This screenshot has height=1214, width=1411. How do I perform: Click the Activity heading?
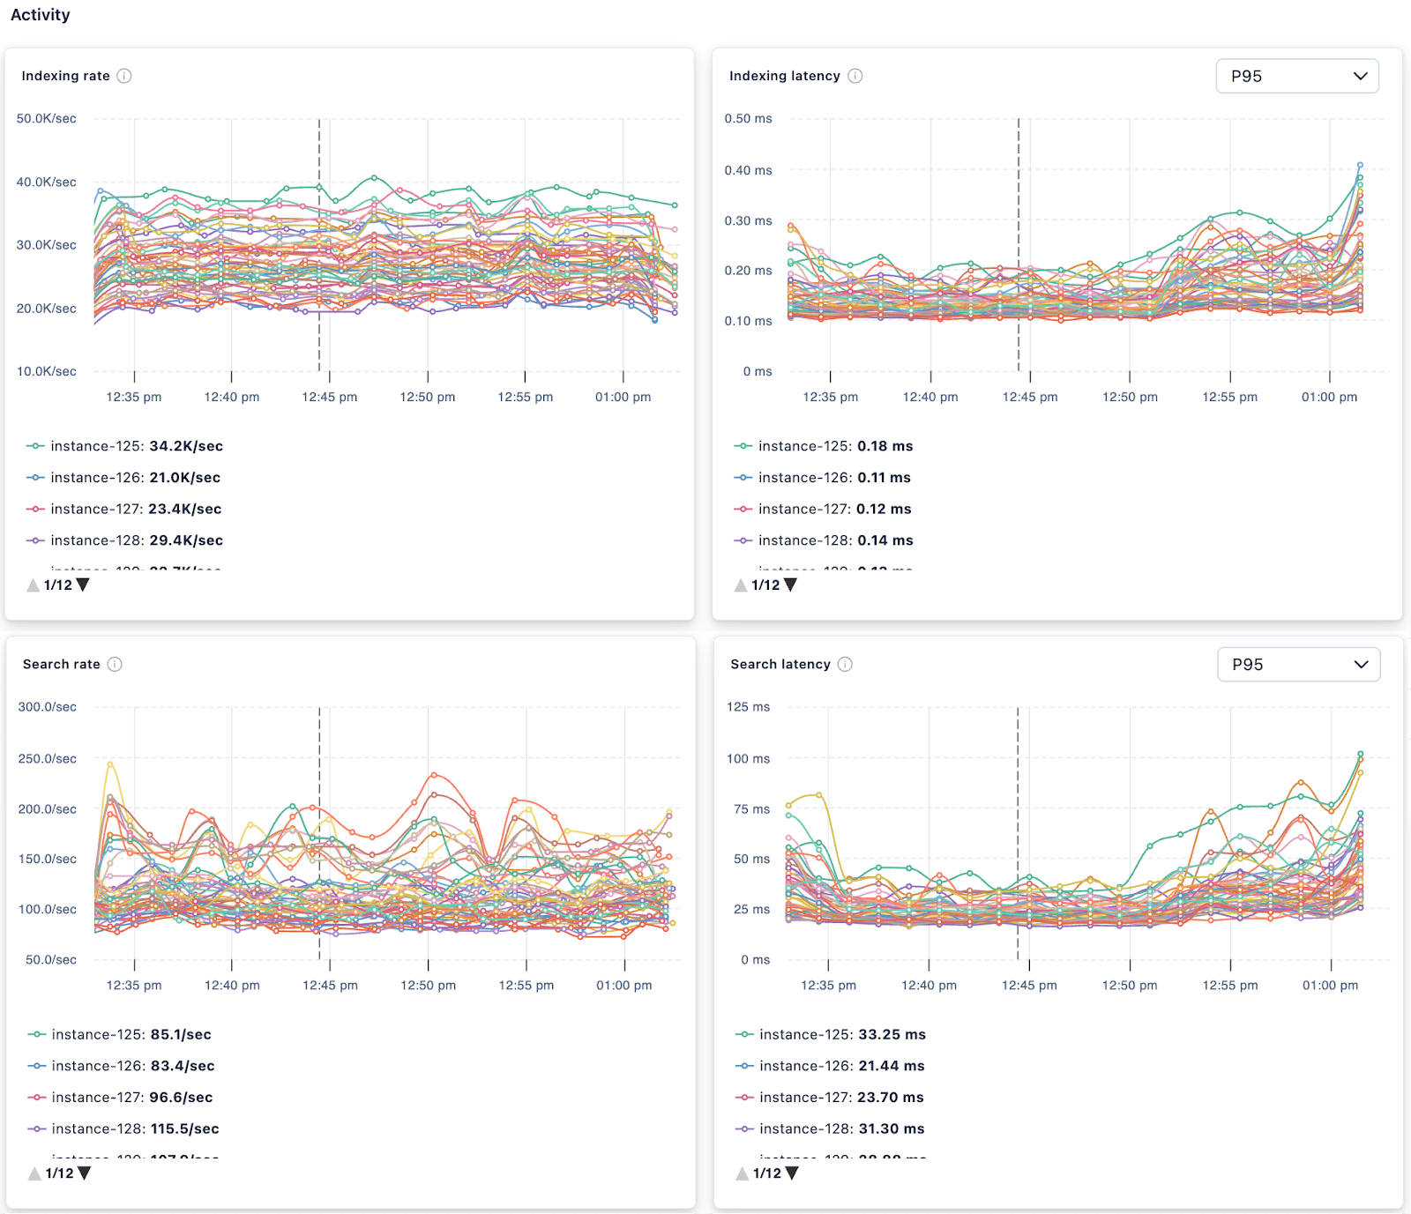coord(40,15)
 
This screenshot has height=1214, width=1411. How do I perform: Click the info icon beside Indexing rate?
coord(124,76)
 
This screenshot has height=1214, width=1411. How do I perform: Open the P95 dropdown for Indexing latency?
coord(1296,76)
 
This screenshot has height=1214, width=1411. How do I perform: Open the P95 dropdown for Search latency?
coord(1298,664)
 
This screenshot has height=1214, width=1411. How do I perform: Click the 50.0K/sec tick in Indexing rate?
coord(46,118)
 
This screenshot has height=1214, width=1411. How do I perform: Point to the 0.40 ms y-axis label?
coord(748,170)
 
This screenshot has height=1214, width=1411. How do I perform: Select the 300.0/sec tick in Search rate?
coord(47,706)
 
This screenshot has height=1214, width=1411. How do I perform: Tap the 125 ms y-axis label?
coord(748,706)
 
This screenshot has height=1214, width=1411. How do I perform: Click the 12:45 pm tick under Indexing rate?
coord(329,397)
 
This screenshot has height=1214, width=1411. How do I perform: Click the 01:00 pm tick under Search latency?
coord(1330,985)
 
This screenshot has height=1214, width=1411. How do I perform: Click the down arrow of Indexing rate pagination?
coord(83,585)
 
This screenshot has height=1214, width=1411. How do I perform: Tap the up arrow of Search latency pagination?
coord(742,1173)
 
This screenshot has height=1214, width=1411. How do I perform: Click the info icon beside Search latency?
coord(845,664)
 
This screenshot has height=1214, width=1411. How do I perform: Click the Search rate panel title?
coord(62,664)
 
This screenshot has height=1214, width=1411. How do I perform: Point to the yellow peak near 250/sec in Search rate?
coord(110,763)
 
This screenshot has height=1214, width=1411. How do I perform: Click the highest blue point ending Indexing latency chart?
coord(1360,165)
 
